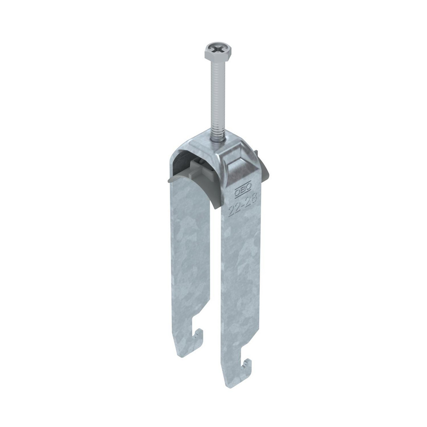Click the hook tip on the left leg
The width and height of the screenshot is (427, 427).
[x=201, y=331]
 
